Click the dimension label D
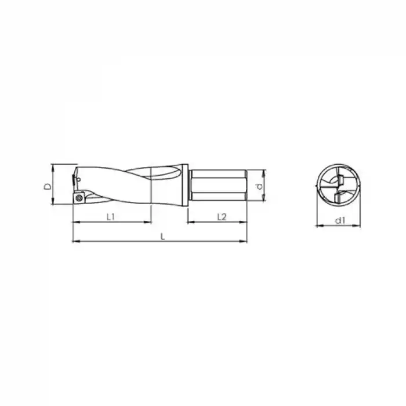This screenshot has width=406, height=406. [x=48, y=186]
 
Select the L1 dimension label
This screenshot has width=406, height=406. [x=111, y=217]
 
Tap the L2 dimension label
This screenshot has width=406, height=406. [x=222, y=217]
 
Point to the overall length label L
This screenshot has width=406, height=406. [x=162, y=237]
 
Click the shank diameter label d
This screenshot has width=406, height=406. [x=259, y=186]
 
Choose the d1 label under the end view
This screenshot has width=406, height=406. [x=340, y=220]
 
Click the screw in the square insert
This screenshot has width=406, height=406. [x=78, y=198]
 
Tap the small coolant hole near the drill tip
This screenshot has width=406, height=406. [x=79, y=179]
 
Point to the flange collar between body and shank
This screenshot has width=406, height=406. [x=185, y=185]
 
